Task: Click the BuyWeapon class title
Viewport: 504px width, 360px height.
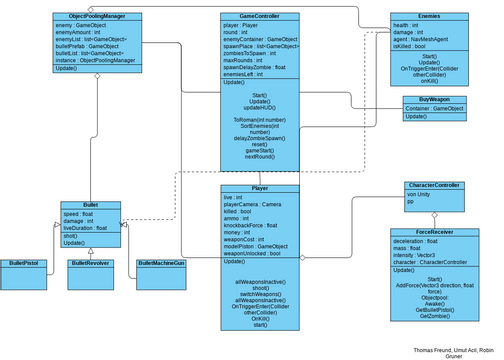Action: coord(435,100)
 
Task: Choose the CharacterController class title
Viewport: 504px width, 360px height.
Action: coord(433,186)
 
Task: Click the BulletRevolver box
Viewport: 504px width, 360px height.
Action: coord(90,263)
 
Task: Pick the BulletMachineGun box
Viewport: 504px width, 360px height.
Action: coord(160,263)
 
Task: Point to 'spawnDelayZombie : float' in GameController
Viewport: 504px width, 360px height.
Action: coord(253,67)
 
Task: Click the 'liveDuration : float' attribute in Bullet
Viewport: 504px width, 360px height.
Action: coord(86,229)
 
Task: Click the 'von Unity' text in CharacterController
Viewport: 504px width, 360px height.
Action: coord(418,194)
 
